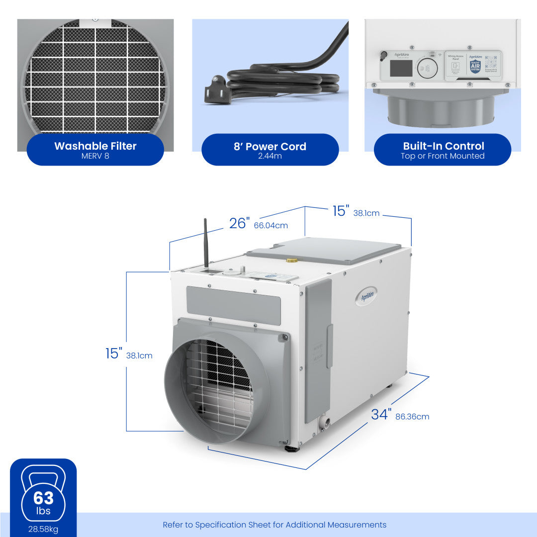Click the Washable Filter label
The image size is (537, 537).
click(x=95, y=146)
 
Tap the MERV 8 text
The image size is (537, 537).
click(x=95, y=156)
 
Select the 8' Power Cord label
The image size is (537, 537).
click(x=270, y=147)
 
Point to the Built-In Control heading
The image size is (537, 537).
click(x=443, y=146)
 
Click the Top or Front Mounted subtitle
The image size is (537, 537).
click(x=443, y=156)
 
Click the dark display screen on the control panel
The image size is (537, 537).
click(x=401, y=68)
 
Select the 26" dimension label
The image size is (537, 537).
click(x=238, y=224)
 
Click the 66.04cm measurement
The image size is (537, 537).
click(x=270, y=226)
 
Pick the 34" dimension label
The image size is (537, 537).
click(x=381, y=414)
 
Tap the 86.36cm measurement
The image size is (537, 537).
click(x=412, y=417)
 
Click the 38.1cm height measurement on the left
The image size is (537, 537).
click(x=139, y=356)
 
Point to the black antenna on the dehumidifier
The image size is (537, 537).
click(x=205, y=244)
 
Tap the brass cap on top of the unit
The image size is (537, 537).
click(x=291, y=260)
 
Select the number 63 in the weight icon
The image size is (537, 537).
click(x=43, y=498)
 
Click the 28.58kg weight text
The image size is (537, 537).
click(x=43, y=529)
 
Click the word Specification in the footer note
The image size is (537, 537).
click(x=225, y=525)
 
